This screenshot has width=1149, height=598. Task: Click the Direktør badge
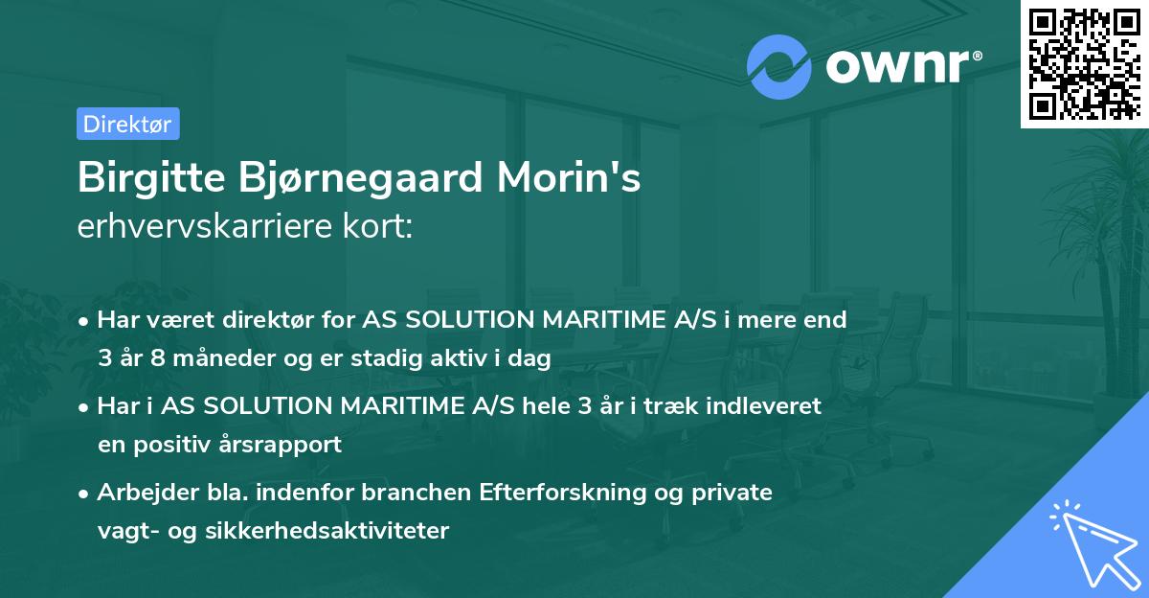[x=127, y=124]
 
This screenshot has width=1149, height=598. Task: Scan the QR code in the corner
[x=1084, y=63]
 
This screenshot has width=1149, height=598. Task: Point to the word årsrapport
[x=282, y=446]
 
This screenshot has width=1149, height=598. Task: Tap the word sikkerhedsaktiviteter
[x=327, y=531]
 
